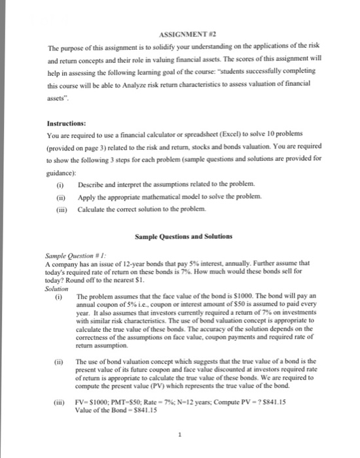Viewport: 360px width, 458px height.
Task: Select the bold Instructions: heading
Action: point(65,122)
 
